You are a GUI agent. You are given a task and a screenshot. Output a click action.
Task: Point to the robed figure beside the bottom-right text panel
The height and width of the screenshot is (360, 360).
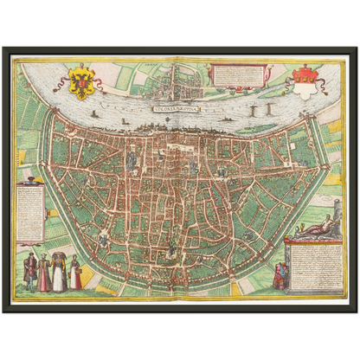tap(278, 275)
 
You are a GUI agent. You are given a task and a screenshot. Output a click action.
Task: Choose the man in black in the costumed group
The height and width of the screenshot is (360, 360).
tap(30, 271)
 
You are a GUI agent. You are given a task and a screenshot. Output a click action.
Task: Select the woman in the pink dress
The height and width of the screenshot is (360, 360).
tap(44, 273)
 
